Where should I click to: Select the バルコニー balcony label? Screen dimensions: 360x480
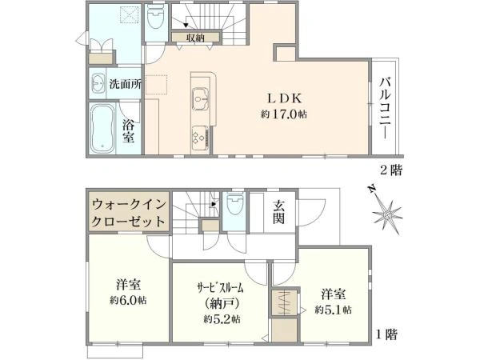tap(384, 107)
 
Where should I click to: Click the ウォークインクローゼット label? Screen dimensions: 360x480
tap(129, 212)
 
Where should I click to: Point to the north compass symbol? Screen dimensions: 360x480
tap(386, 212)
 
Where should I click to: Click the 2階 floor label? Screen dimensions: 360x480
tap(390, 170)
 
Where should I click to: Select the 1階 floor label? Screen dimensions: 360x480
tap(390, 333)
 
